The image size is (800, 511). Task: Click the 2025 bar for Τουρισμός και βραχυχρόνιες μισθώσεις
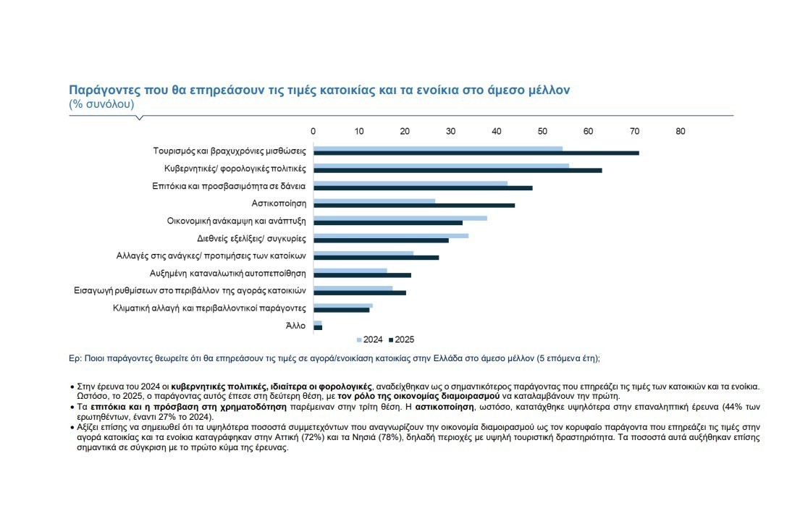[x=476, y=153]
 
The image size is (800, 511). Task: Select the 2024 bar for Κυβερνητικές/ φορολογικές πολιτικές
[x=441, y=166]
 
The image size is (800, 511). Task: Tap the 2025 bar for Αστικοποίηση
[x=414, y=205]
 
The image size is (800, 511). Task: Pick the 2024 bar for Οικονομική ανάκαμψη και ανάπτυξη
[x=400, y=218]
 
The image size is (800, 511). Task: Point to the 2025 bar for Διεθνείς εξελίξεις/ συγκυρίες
[x=381, y=240]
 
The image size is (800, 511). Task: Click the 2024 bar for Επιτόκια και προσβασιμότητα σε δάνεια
[x=410, y=183]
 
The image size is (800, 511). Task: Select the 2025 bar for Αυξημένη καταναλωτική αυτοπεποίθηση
[x=362, y=275]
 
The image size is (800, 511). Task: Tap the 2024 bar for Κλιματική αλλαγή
[x=342, y=305]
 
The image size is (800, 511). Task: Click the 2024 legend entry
[x=370, y=339]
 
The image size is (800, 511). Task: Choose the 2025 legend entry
[x=402, y=339]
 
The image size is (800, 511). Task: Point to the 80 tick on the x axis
[x=680, y=132]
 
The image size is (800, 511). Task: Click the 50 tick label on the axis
[x=542, y=132]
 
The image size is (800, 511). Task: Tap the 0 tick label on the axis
[x=313, y=132]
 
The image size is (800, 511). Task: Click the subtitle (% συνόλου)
[x=101, y=104]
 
